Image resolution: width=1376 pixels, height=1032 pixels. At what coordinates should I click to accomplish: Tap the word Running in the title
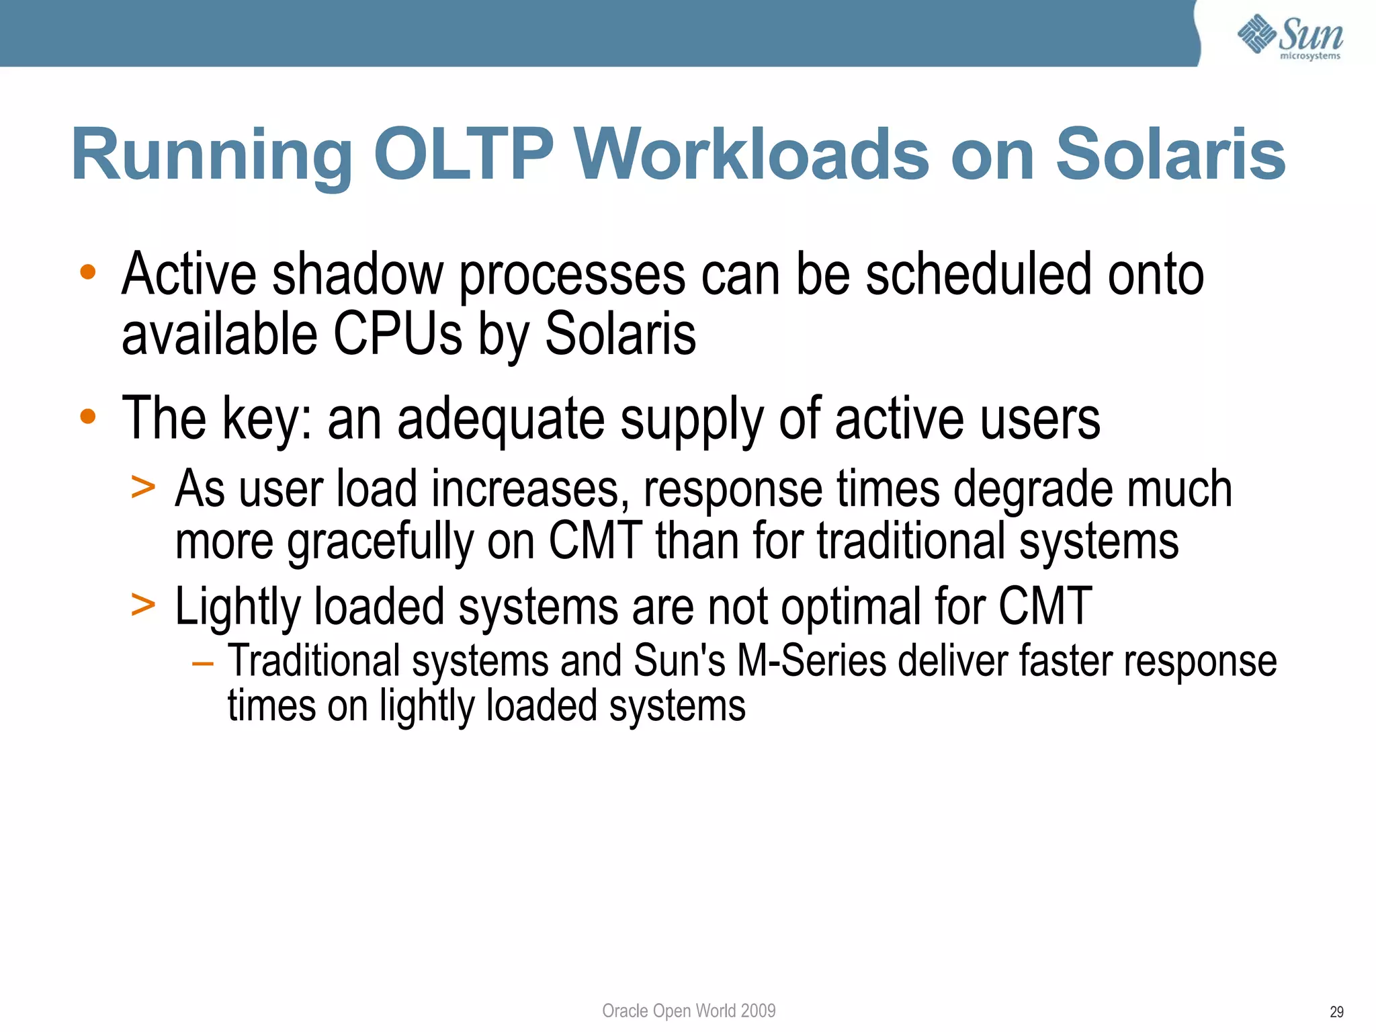tap(212, 156)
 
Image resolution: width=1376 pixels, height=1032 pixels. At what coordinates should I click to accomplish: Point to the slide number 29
tap(1336, 1012)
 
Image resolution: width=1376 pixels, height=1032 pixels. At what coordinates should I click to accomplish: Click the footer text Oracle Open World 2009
tap(689, 1010)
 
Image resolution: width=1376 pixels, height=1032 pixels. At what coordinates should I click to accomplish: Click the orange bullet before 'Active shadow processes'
tap(88, 272)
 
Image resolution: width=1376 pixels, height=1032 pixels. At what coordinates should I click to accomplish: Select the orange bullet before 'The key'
tap(88, 417)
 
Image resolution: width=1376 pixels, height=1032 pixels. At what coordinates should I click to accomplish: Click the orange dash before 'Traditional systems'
tap(202, 664)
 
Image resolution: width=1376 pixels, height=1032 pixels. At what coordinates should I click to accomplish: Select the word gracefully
tap(380, 542)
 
